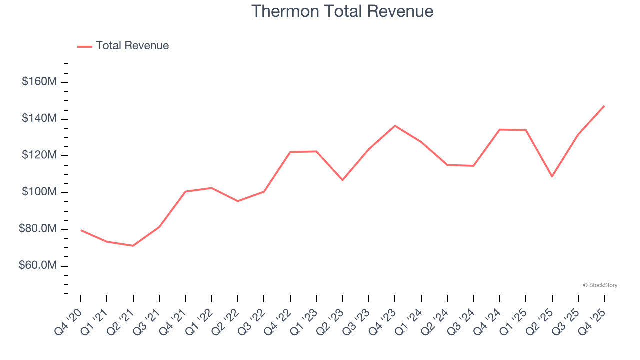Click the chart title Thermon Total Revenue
342,11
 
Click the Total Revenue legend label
132,46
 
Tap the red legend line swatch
85,46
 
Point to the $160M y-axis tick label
39,82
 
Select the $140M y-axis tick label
39,119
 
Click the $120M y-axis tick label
39,155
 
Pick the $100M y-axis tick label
39,192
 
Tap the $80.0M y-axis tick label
38,229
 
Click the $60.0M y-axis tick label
38,266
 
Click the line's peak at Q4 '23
395,126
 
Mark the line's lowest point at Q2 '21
133,246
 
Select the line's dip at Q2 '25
552,176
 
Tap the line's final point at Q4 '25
604,106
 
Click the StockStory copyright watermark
600,285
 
